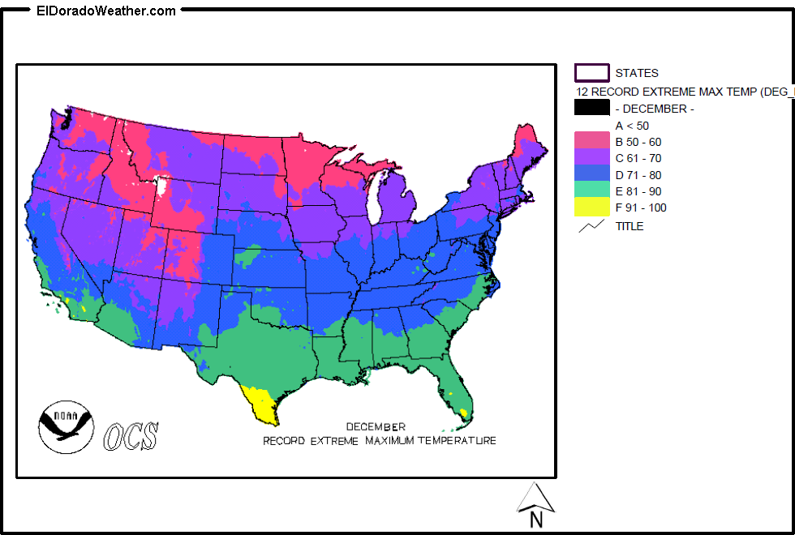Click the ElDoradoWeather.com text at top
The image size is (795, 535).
click(x=105, y=11)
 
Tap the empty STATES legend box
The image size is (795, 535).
click(x=591, y=73)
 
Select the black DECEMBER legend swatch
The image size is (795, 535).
click(x=591, y=108)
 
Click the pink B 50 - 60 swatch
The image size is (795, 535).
click(x=591, y=142)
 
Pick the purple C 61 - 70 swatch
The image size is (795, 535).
click(x=591, y=158)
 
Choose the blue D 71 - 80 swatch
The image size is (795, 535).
click(x=591, y=174)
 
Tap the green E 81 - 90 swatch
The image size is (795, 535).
click(x=591, y=191)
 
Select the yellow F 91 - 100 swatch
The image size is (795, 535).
click(x=591, y=208)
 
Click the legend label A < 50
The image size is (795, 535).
click(x=632, y=126)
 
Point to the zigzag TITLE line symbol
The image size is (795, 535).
click(x=591, y=226)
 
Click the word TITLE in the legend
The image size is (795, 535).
click(x=630, y=226)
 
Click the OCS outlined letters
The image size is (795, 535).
click(x=131, y=436)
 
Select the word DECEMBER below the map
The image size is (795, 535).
click(x=376, y=426)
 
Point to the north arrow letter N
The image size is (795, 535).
click(x=535, y=520)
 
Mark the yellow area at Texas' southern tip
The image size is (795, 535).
click(x=261, y=404)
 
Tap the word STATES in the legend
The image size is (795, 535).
click(x=637, y=73)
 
